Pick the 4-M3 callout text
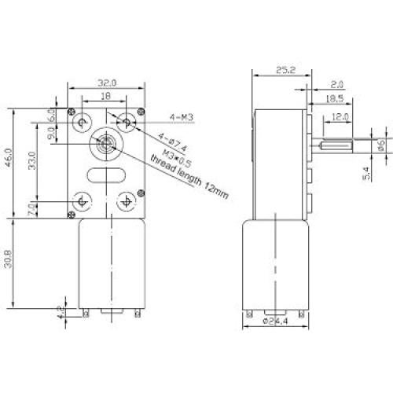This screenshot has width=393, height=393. click(x=182, y=119)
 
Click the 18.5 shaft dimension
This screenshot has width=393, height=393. click(x=336, y=99)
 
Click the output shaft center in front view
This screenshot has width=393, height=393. click(x=105, y=145)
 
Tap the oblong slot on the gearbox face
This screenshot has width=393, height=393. click(x=104, y=174)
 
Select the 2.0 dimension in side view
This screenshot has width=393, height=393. click(x=338, y=82)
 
